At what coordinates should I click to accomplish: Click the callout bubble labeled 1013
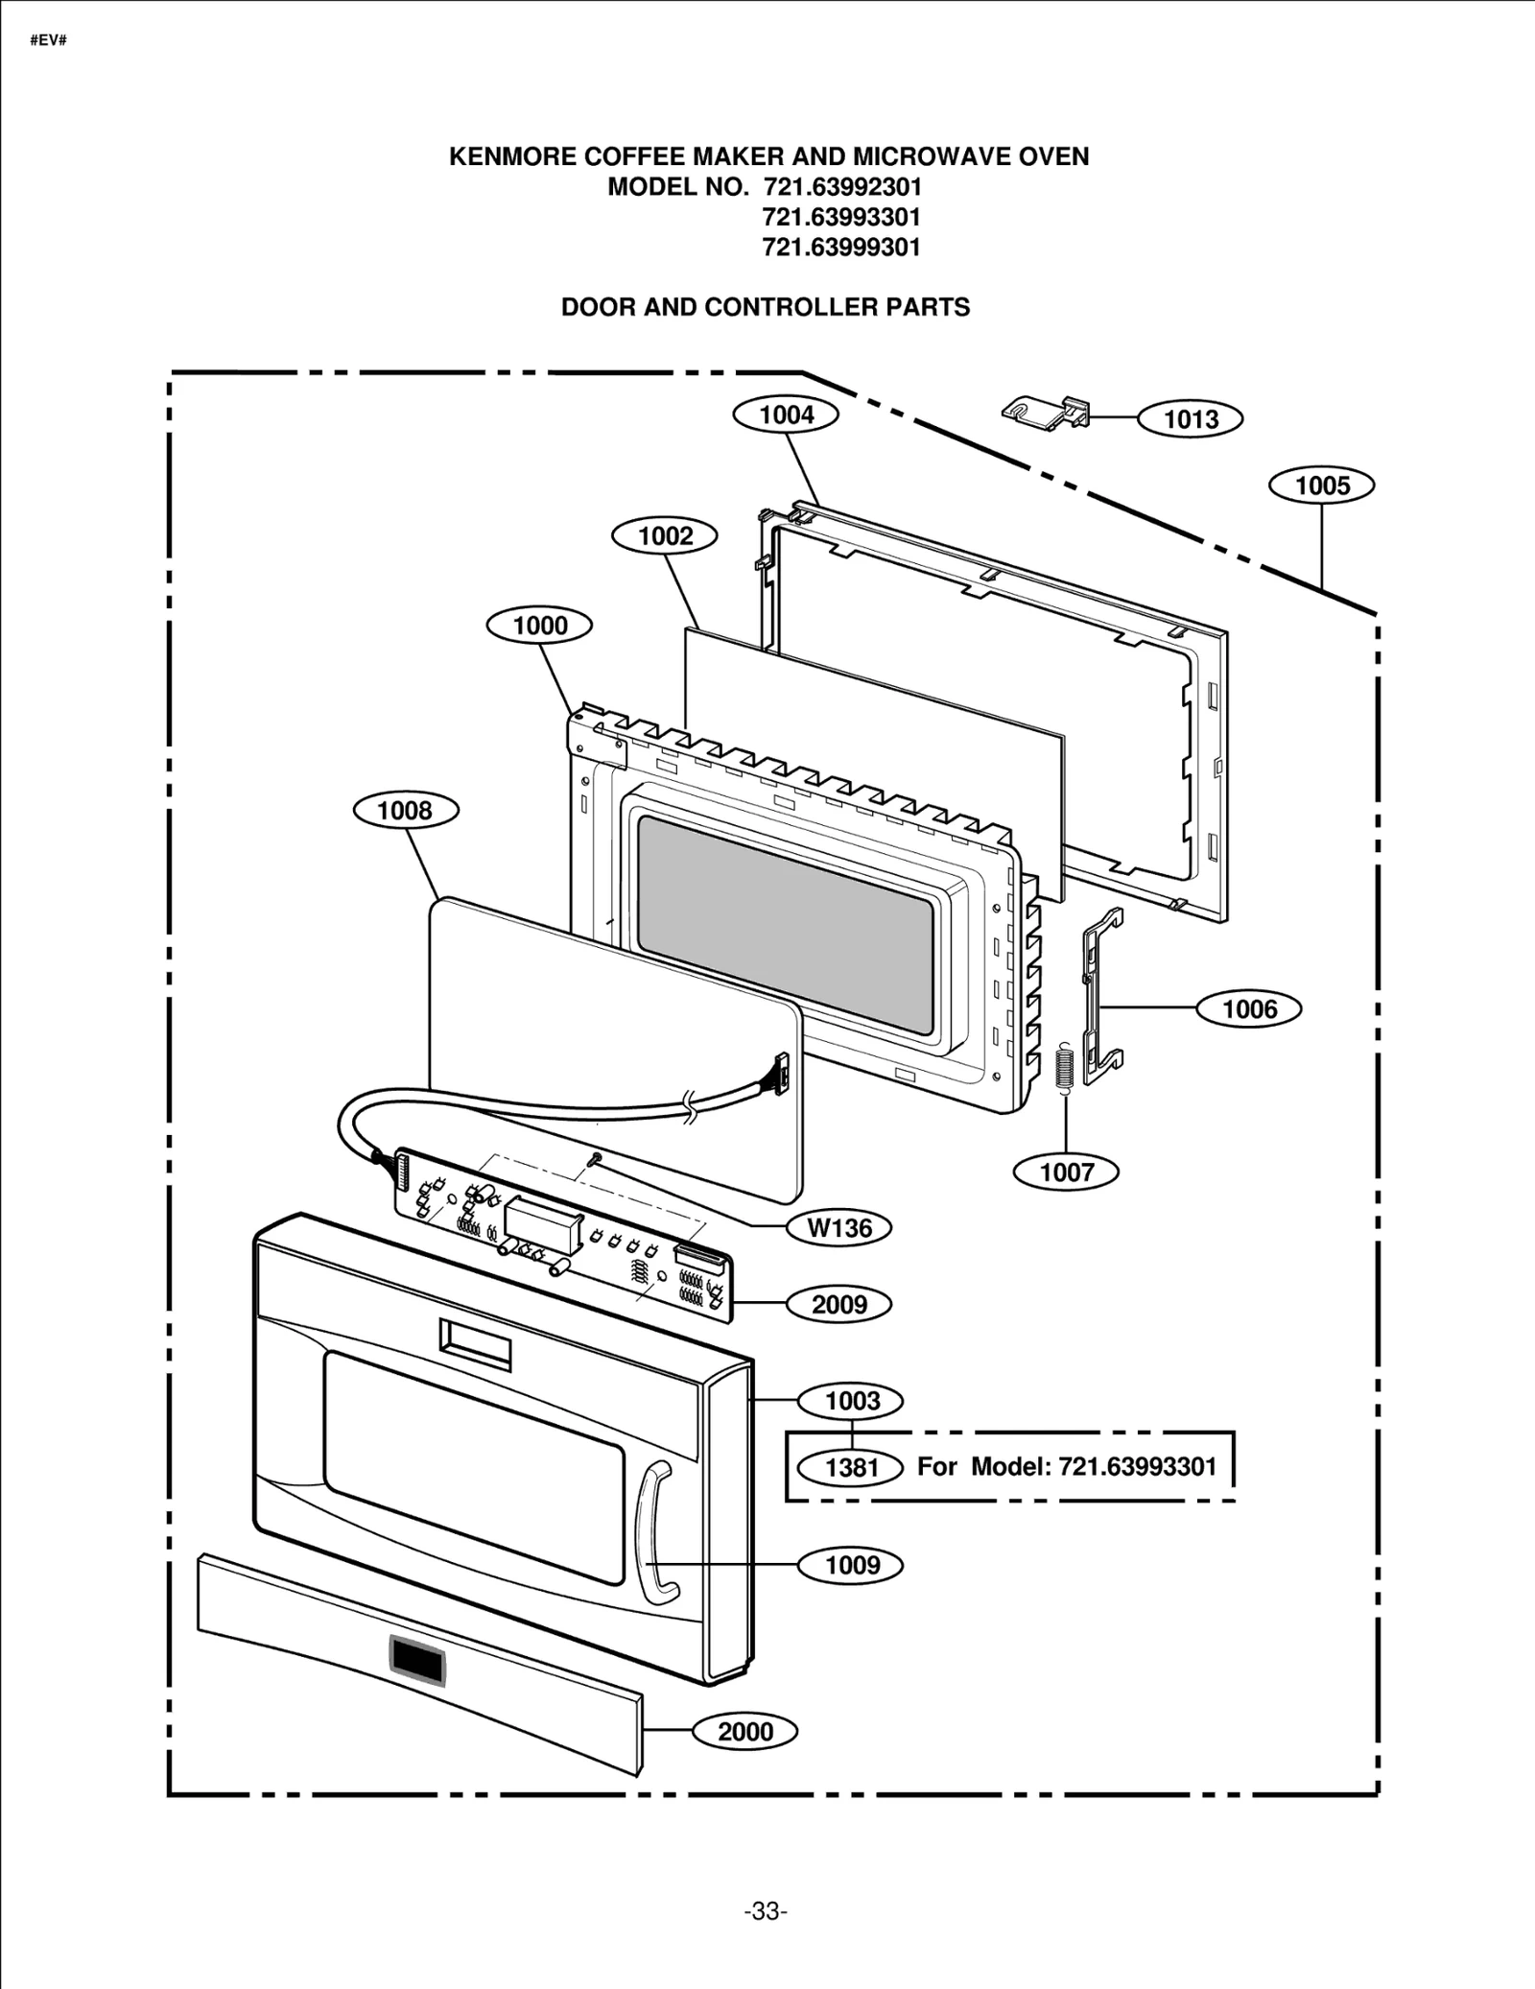(1190, 419)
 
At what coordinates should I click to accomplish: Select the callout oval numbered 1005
(1321, 485)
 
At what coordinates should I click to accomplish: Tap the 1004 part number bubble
(786, 414)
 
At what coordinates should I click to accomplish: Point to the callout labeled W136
(839, 1228)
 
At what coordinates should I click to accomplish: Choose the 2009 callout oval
(838, 1305)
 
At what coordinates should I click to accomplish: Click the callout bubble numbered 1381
(851, 1468)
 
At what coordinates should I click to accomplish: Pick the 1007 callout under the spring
(1066, 1172)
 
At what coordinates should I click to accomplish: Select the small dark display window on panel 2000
(416, 1661)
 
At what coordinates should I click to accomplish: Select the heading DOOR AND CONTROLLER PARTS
(766, 307)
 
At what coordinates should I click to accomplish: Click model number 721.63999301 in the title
(841, 248)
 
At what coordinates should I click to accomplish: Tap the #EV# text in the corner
(48, 41)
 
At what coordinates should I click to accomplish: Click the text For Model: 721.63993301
(1066, 1466)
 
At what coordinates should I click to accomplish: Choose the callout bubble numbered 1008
(405, 811)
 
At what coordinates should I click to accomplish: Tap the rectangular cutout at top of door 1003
(475, 1343)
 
